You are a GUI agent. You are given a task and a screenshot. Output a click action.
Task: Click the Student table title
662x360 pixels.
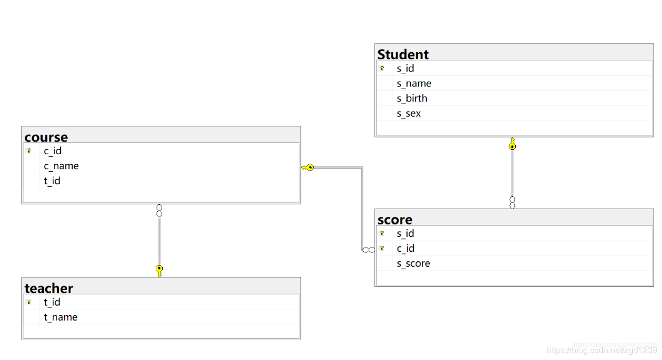click(403, 54)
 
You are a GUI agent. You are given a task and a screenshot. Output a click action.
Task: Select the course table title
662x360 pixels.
click(46, 137)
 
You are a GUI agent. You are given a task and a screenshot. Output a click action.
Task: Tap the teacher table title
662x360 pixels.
click(49, 288)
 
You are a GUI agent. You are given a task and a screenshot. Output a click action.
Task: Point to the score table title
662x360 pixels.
click(395, 220)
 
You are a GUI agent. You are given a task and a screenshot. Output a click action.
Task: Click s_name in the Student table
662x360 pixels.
click(414, 84)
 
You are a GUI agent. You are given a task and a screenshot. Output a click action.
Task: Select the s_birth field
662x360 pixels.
click(412, 99)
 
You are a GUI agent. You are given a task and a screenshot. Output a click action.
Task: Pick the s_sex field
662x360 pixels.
click(409, 114)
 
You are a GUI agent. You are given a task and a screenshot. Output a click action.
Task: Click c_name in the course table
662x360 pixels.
click(61, 166)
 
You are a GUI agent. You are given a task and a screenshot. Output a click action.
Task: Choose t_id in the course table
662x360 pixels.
click(52, 181)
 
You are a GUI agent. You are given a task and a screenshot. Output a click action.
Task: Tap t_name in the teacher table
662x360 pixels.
click(61, 317)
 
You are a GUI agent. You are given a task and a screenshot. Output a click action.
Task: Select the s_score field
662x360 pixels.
click(413, 263)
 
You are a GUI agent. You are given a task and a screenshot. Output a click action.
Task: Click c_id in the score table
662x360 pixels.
click(405, 249)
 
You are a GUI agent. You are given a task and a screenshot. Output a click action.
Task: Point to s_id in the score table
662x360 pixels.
click(405, 234)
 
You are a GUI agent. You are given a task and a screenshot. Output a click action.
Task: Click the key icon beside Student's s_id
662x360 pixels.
click(382, 68)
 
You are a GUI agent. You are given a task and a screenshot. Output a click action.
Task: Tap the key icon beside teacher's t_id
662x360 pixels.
click(29, 302)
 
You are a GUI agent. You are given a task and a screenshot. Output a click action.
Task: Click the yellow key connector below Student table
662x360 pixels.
click(512, 143)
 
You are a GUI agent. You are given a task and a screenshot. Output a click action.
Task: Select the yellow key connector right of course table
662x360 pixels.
click(307, 167)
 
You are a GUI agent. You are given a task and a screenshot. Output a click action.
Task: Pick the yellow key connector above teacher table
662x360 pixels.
click(159, 271)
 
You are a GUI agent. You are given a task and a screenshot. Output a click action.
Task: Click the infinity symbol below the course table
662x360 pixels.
click(159, 211)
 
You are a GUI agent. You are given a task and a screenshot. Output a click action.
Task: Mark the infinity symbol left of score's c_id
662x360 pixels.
click(369, 250)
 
